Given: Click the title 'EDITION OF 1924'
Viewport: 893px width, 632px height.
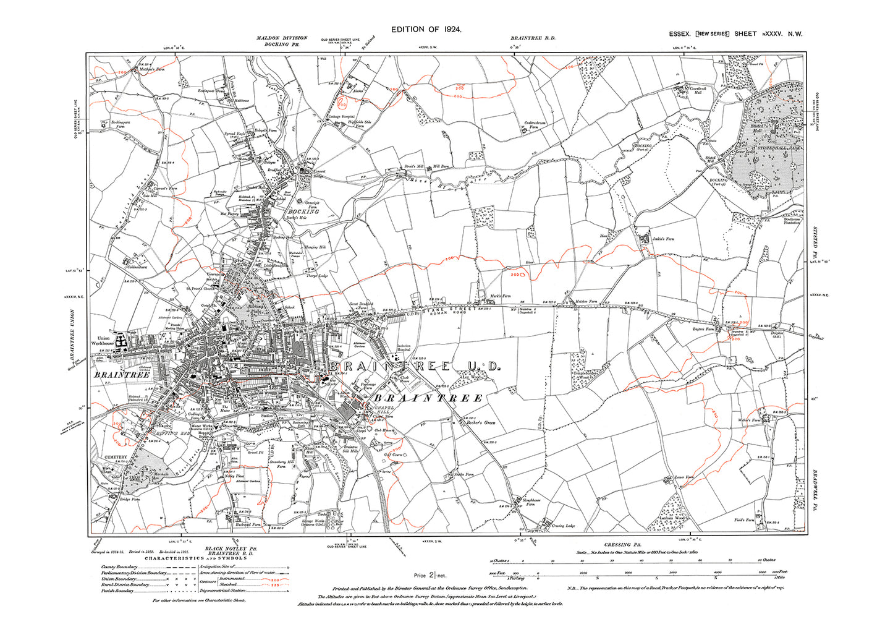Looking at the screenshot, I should (x=426, y=29).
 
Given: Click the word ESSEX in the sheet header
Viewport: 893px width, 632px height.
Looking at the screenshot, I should (x=680, y=34).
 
